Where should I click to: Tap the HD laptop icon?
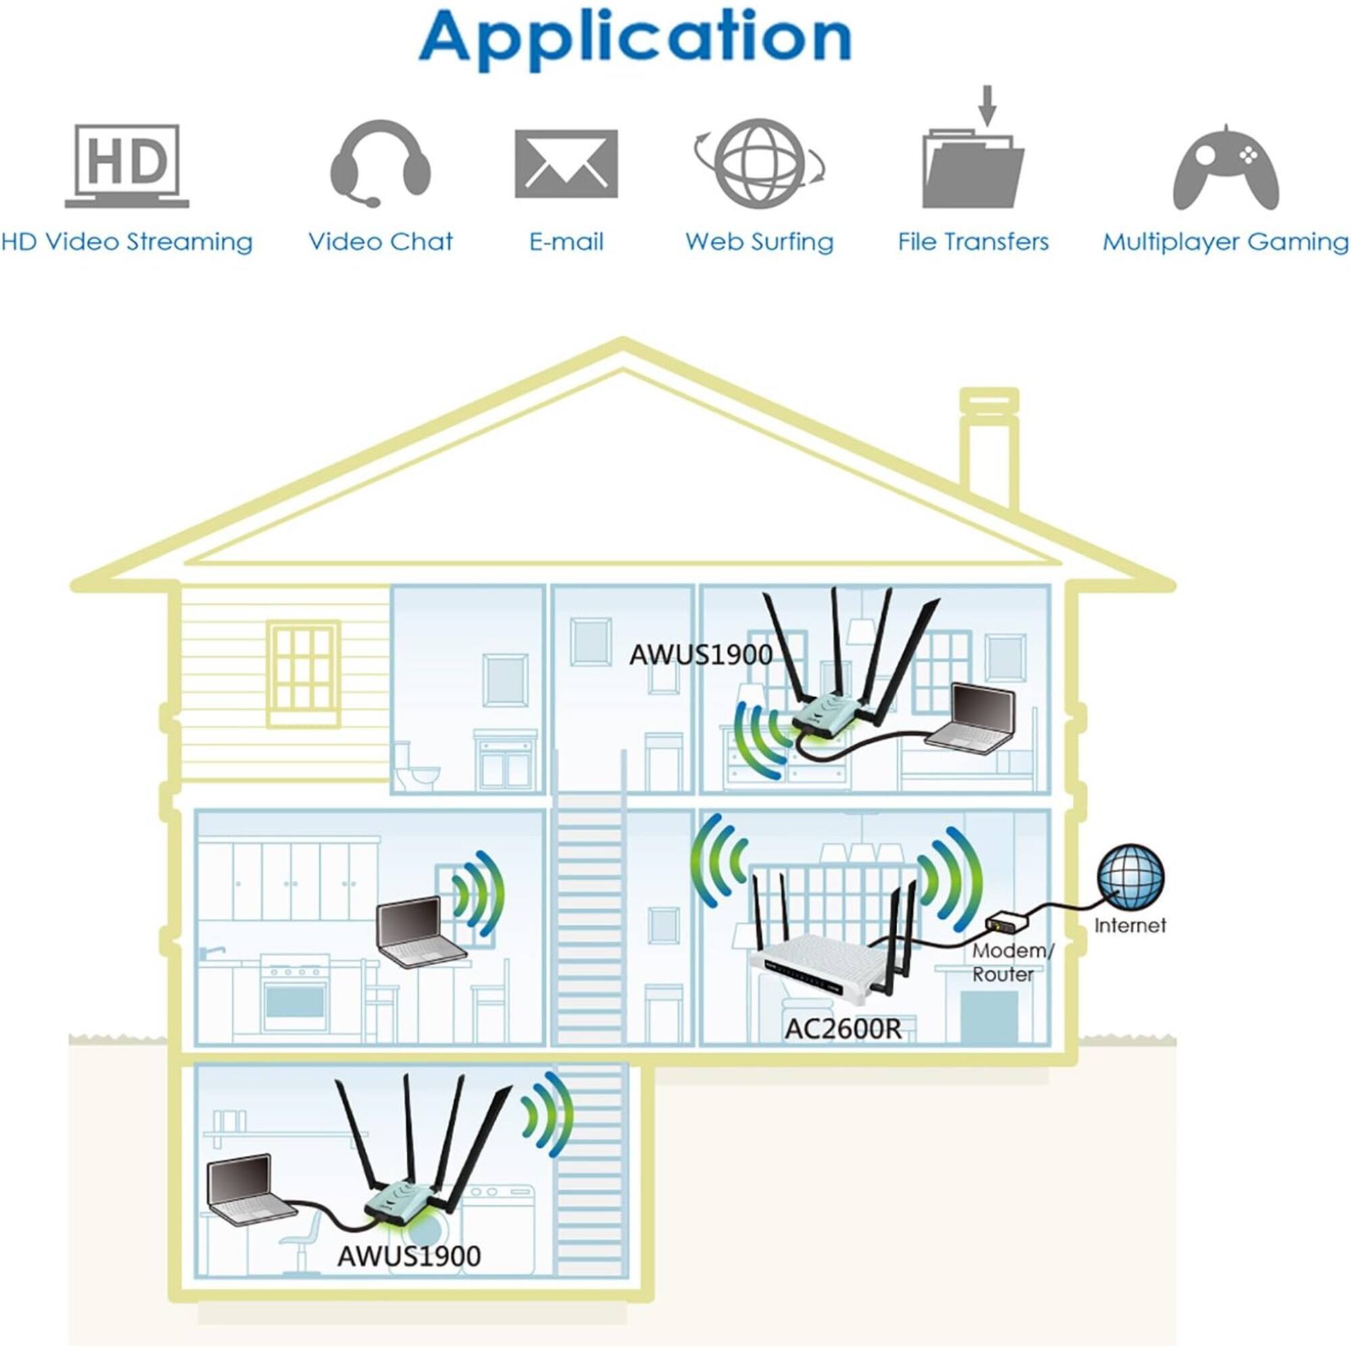tap(127, 165)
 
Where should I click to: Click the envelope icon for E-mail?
tap(567, 163)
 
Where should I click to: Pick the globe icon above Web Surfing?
tap(760, 163)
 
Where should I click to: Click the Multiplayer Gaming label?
tap(1225, 242)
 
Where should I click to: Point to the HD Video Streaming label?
tap(126, 242)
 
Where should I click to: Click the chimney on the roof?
tap(989, 448)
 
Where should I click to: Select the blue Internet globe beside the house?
tap(1130, 877)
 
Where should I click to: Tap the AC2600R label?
tap(843, 1028)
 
